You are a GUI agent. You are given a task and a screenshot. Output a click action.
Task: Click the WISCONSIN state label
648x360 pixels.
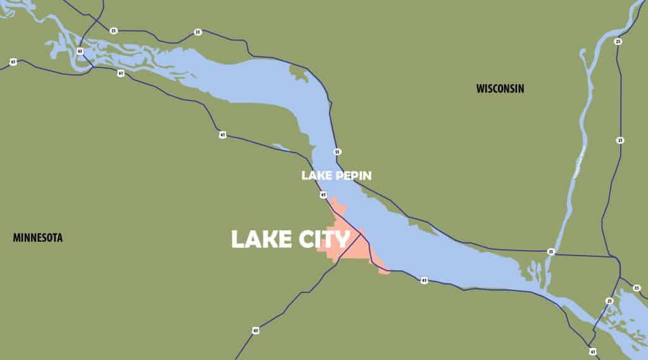(500, 89)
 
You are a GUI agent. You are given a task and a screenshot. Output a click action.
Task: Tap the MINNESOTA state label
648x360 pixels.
(38, 238)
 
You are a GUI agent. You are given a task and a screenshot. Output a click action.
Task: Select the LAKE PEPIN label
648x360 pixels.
(335, 175)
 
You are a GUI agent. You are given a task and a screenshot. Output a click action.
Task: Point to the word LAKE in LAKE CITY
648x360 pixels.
(259, 239)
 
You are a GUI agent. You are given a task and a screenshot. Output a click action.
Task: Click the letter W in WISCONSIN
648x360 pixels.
(480, 89)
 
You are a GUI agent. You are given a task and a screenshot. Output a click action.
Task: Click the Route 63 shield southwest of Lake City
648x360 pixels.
(256, 330)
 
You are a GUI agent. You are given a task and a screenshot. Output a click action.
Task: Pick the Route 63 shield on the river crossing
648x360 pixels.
(80, 51)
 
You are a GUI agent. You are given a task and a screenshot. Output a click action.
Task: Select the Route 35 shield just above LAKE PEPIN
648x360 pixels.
(337, 152)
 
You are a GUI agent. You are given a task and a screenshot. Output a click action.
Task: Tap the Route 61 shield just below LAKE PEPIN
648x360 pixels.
(323, 195)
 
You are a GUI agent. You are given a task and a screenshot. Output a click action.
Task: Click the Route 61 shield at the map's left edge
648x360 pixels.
(13, 62)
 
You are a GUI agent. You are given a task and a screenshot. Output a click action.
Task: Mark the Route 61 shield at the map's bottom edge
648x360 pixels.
(592, 351)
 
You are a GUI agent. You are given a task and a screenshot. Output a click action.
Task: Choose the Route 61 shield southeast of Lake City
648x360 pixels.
(423, 280)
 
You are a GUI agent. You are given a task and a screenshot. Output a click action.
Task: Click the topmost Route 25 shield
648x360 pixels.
(618, 42)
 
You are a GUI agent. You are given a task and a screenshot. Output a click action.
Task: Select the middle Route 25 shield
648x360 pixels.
(620, 140)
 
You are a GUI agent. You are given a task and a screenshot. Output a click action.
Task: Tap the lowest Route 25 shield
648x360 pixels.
(609, 301)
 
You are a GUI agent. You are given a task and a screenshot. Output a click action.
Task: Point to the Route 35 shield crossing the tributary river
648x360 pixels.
(551, 252)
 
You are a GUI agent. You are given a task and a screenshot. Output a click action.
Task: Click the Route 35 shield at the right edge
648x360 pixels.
(637, 289)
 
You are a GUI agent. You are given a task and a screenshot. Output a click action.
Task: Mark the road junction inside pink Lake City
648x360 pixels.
(361, 235)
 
